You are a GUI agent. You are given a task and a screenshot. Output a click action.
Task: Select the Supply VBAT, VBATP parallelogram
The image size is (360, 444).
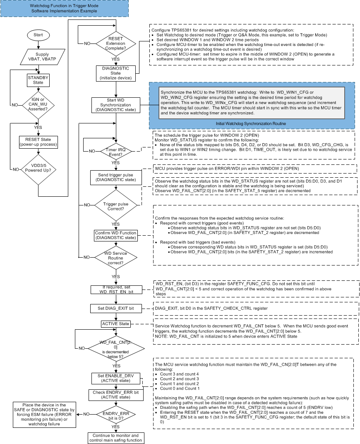38,57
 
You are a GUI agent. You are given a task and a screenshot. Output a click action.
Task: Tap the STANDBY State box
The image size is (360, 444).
38,80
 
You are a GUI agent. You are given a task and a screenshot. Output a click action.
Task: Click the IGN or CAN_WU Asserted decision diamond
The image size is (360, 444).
38,105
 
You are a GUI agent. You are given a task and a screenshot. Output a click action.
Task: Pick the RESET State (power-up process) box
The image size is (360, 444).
38,142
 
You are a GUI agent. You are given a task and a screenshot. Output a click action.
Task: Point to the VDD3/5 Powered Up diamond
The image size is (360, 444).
38,169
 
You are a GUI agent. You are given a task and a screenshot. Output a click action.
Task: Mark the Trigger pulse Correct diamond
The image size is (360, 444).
115,205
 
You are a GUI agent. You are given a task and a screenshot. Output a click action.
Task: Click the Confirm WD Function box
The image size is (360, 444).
115,235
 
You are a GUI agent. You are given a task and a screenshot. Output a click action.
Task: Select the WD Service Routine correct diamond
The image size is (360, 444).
115,257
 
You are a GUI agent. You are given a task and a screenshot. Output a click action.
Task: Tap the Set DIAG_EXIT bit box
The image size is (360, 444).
115,308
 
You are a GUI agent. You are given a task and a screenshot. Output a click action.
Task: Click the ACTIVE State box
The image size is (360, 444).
115,323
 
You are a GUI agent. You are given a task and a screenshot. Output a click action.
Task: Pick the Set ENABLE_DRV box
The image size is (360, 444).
115,378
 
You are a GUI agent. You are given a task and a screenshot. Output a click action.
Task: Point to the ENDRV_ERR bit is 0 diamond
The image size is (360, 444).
115,413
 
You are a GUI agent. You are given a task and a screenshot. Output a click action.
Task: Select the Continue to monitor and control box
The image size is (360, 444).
115,437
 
